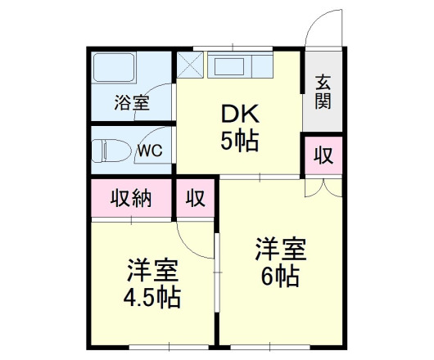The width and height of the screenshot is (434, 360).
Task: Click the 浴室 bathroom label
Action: click(131, 104)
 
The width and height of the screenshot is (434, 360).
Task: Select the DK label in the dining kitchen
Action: click(238, 114)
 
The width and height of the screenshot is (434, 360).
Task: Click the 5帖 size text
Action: click(238, 142)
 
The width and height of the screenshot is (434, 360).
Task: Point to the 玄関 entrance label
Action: click(323, 92)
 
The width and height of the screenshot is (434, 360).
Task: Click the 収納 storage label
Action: click(131, 199)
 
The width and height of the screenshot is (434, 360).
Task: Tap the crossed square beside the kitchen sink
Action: click(192, 65)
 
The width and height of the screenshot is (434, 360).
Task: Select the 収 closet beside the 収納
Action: click(195, 199)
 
